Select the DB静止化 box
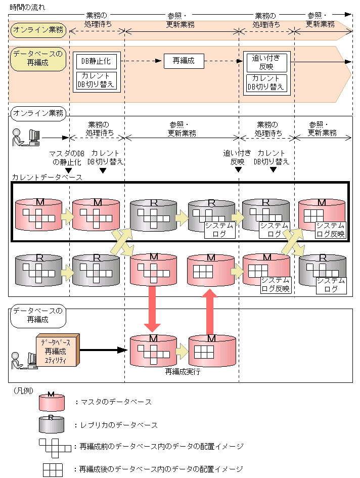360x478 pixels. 96,61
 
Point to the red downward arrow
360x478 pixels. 152,307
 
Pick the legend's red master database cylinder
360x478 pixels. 52,402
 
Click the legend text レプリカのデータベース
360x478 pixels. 116,425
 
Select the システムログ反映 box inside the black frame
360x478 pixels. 330,230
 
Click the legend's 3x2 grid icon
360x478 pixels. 53,469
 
